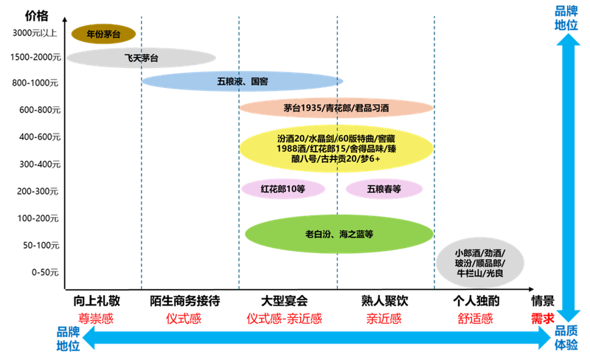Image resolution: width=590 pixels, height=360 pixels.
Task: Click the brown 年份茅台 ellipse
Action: click(103, 33)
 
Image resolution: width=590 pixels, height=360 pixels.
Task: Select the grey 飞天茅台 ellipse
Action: click(142, 57)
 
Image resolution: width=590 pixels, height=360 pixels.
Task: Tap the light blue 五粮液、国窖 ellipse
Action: click(242, 81)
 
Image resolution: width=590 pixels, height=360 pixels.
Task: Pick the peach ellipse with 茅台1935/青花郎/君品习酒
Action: click(336, 108)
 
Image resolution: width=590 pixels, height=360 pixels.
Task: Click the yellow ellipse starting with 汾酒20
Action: click(336, 148)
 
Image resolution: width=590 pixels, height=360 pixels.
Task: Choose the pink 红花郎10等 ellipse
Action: click(283, 189)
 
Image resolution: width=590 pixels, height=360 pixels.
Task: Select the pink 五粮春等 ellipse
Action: click(383, 189)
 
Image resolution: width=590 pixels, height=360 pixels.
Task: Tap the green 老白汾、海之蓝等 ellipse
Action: click(339, 235)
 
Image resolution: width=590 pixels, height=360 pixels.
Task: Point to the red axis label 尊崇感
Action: click(97, 318)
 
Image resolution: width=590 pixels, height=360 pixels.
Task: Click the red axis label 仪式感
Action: click(183, 318)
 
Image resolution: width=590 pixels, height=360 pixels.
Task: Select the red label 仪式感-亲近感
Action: click(284, 318)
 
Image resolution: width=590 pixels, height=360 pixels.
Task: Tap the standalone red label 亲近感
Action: click(383, 318)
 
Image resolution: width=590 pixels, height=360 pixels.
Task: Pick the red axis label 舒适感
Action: click(476, 318)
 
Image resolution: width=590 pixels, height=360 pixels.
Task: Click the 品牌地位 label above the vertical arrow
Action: click(566, 17)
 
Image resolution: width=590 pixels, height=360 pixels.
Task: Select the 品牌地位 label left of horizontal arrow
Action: click(67, 338)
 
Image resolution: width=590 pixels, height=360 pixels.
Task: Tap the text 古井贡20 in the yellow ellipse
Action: click(345, 159)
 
